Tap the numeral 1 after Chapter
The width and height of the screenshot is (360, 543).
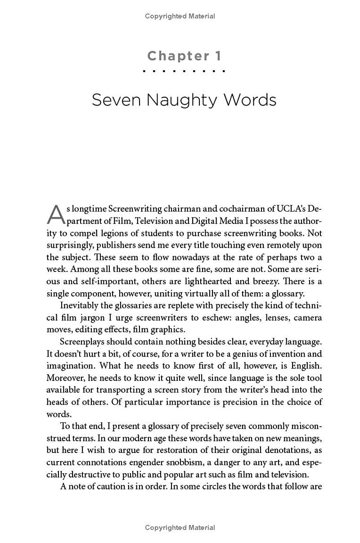(x=218, y=56)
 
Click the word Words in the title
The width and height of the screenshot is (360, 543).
(x=251, y=99)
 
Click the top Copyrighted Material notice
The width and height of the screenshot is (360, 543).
(x=180, y=16)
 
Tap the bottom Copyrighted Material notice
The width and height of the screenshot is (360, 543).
(x=180, y=527)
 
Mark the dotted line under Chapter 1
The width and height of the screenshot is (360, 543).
(x=184, y=71)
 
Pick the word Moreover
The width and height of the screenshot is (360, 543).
(x=65, y=378)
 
